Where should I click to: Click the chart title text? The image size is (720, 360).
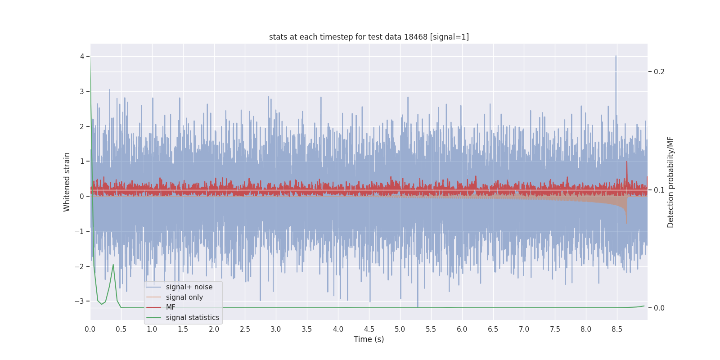coord(369,37)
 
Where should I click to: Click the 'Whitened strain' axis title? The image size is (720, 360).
coord(67,182)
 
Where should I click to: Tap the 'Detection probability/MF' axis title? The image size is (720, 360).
coord(670,182)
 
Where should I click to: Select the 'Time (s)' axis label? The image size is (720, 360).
coord(369,339)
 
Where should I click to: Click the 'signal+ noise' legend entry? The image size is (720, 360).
coord(189,287)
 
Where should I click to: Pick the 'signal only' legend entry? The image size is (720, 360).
coord(184,297)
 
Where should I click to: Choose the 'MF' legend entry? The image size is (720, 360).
coord(171,307)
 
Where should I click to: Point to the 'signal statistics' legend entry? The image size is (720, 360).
coord(192,318)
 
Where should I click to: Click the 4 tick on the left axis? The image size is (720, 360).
coord(82,56)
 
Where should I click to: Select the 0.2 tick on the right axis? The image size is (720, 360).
coord(659,72)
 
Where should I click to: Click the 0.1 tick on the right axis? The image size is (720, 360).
coord(659,190)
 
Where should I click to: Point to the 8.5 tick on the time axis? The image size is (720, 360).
coord(616,329)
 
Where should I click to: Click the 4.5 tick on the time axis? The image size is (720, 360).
coord(369,329)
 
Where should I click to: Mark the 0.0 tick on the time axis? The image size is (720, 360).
coord(90,329)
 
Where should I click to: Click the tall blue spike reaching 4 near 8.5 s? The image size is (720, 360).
coord(616,57)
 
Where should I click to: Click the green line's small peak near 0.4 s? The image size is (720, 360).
coord(113,265)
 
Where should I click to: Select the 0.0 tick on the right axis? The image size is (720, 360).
coord(659,308)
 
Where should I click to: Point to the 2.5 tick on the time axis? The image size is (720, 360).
coord(245,329)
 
